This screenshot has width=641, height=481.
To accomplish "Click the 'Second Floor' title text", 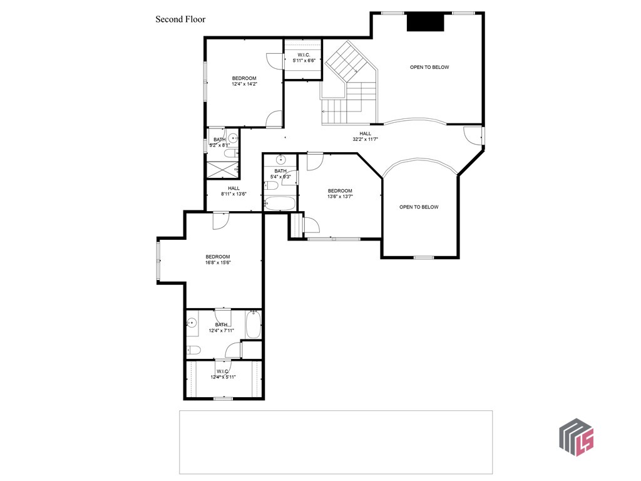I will pyautogui.click(x=180, y=19).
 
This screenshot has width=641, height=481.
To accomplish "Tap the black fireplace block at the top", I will pyautogui.click(x=426, y=23).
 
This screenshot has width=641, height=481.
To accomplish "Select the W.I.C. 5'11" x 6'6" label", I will pyautogui.click(x=302, y=58).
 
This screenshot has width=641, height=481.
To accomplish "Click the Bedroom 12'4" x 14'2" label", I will pyautogui.click(x=244, y=81).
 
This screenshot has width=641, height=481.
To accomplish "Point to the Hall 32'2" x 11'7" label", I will pyautogui.click(x=366, y=136).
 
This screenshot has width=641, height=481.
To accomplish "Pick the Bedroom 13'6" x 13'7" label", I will pyautogui.click(x=340, y=194).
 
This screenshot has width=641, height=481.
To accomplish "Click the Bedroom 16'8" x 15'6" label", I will pyautogui.click(x=218, y=259).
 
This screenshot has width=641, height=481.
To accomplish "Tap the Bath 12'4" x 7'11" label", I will pyautogui.click(x=221, y=327).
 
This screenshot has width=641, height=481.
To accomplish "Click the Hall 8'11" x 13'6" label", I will pyautogui.click(x=233, y=191).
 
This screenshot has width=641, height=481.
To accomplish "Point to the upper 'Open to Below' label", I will pyautogui.click(x=429, y=67).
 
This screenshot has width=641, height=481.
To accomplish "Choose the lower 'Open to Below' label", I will pyautogui.click(x=419, y=207).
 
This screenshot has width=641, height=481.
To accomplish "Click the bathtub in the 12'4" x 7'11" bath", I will pyautogui.click(x=253, y=324).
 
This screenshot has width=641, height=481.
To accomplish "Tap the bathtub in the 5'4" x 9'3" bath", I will pyautogui.click(x=280, y=203).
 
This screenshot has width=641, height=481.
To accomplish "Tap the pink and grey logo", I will pyautogui.click(x=576, y=437).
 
